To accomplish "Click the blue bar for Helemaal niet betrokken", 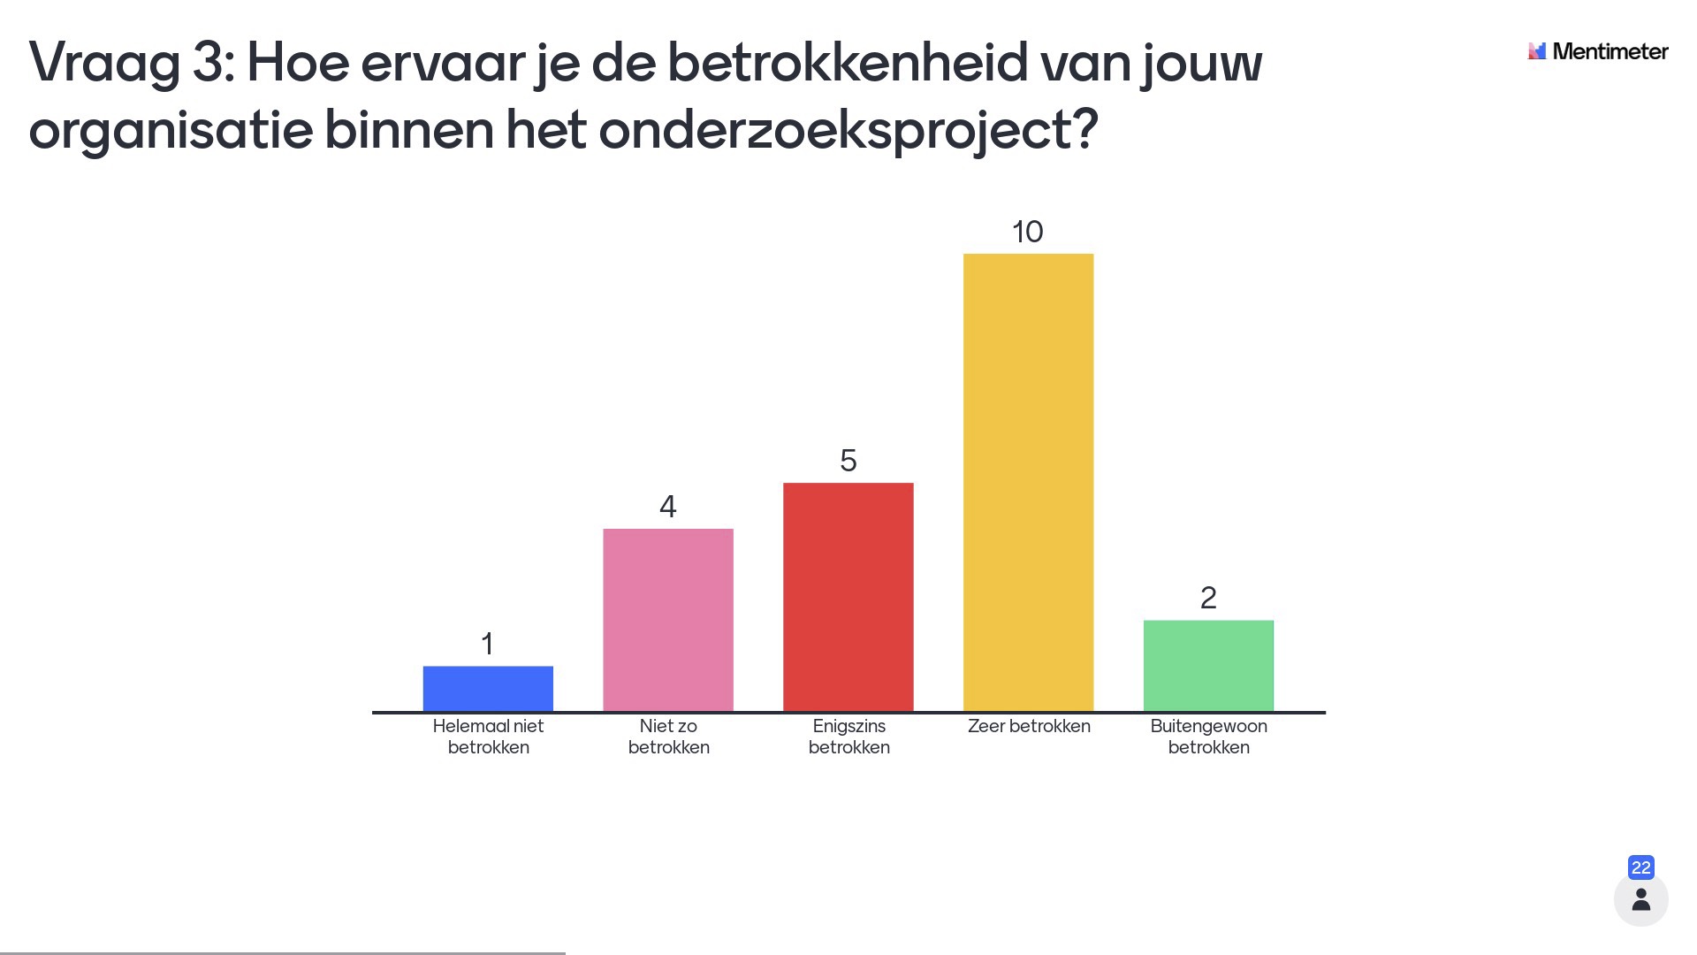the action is (488, 689).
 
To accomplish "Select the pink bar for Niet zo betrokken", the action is (668, 620).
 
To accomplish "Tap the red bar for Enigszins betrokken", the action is (848, 597).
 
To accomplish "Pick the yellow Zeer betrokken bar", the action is (1028, 483).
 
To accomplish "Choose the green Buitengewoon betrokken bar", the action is (1208, 666).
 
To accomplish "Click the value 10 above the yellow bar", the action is (1028, 232).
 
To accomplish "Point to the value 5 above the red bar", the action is (848, 461).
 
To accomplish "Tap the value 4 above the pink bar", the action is (668, 507).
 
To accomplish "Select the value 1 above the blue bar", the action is (487, 644).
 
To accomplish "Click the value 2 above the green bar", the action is (1208, 599).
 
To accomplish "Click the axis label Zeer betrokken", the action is (1029, 726).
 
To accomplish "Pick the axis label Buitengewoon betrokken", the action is (1209, 737).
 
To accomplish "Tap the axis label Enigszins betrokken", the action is (849, 737).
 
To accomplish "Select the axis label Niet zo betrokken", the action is (669, 737).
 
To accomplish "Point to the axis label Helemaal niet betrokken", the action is (489, 737).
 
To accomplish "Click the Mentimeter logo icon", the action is (1537, 51).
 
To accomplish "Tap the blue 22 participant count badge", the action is (1641, 867).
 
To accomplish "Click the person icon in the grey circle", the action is (1641, 899).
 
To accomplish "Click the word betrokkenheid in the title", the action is (848, 64).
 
